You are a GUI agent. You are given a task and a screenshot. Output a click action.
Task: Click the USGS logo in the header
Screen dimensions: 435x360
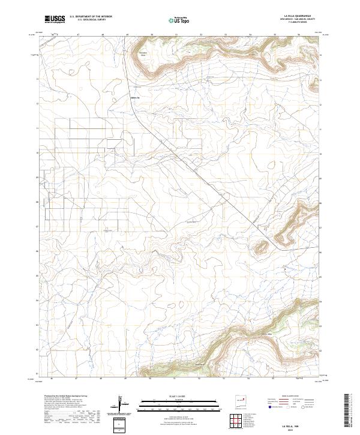pyautogui.click(x=55, y=20)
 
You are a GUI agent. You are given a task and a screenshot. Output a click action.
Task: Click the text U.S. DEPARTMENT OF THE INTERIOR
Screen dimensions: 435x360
pyautogui.click(x=91, y=17)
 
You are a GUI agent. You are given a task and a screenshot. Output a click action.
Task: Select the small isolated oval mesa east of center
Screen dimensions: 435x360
pyautogui.click(x=261, y=246)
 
